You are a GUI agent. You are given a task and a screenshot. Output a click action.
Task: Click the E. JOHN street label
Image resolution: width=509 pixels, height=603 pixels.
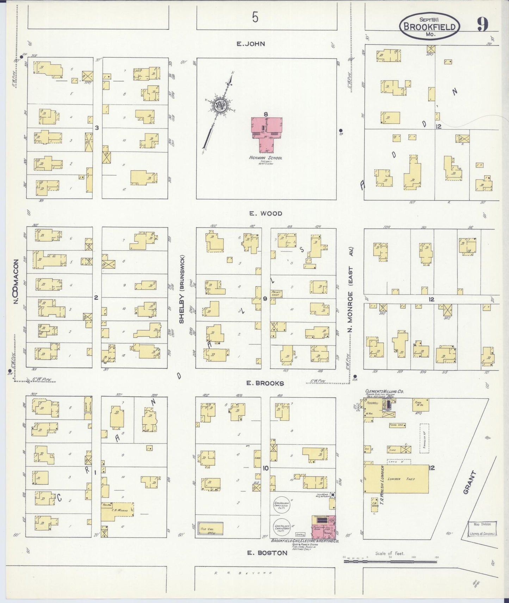250,44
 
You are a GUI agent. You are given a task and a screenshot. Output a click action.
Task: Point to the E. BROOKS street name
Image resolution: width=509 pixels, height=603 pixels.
265,383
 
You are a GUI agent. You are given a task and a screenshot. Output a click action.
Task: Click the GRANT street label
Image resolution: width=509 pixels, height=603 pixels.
470,483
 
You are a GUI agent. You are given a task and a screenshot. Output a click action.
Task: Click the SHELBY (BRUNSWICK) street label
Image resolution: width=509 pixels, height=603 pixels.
182,294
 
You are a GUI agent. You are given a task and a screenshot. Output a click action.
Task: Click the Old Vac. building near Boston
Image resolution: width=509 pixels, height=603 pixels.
210,529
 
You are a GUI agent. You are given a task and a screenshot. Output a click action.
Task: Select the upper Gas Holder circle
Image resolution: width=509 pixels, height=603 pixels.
282,506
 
